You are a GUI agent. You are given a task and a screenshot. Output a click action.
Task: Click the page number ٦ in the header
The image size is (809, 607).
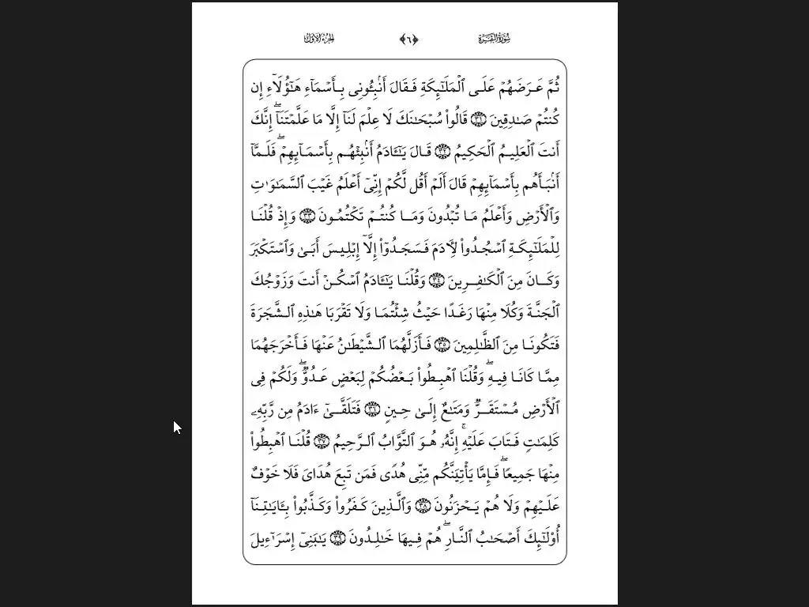[x=409, y=39]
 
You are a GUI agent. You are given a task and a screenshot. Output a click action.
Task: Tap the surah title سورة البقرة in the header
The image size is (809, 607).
[x=495, y=39]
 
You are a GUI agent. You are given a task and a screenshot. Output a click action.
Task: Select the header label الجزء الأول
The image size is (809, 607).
[x=321, y=39]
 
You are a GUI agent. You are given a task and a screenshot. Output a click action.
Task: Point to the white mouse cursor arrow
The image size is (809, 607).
[x=176, y=427]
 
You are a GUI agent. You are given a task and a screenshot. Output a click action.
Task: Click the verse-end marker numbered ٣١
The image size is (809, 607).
[x=479, y=119]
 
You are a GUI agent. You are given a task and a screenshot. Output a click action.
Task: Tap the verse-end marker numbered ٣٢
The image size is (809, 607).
[x=442, y=152]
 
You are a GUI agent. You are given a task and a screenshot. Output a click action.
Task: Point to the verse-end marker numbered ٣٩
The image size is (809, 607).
[x=337, y=539]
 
